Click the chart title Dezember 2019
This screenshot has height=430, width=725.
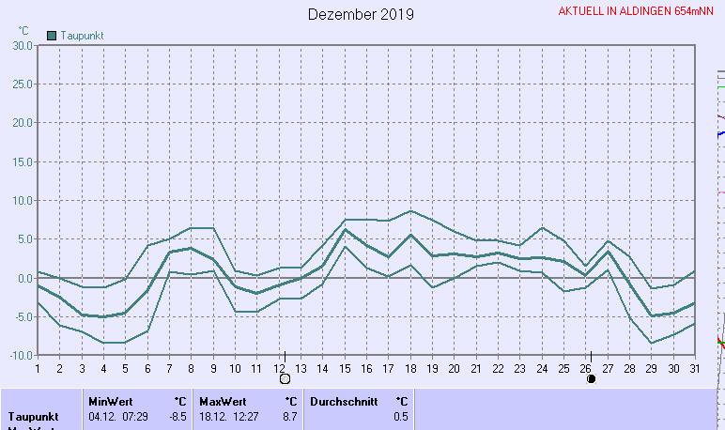[361, 14]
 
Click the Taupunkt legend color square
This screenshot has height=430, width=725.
[52, 35]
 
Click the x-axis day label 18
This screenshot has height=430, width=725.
[410, 368]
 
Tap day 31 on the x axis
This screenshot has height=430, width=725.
[694, 368]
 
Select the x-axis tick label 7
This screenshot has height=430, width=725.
[170, 368]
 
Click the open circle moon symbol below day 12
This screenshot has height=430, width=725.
[285, 379]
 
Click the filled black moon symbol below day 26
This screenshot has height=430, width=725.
[591, 379]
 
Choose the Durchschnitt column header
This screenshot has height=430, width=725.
[344, 401]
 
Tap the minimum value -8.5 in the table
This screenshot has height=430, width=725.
[177, 416]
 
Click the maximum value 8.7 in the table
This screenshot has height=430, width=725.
[290, 416]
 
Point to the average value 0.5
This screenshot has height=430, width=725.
[401, 416]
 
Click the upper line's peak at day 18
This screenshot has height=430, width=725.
[410, 210]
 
